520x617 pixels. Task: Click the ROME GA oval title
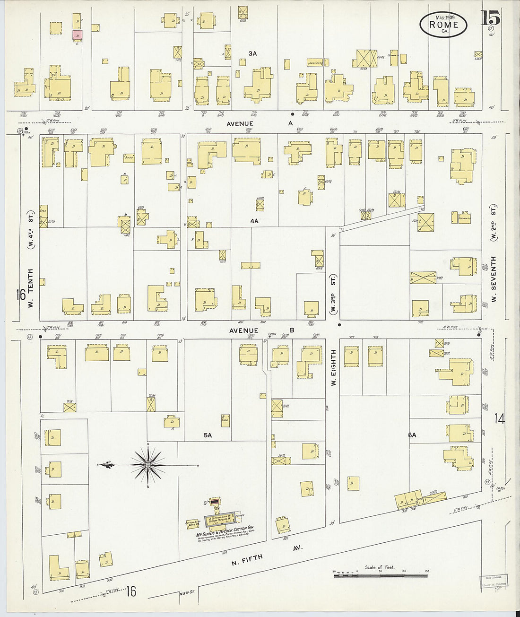click(443, 25)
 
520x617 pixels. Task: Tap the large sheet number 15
click(490, 18)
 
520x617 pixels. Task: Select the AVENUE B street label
click(261, 330)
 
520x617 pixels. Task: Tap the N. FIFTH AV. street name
click(266, 555)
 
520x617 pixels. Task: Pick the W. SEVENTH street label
click(494, 279)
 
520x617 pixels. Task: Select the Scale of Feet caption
click(379, 567)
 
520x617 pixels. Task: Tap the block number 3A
click(252, 54)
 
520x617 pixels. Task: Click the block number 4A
click(254, 221)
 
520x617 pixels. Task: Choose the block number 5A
click(208, 435)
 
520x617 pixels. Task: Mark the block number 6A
click(412, 435)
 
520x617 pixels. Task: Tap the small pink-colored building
click(77, 35)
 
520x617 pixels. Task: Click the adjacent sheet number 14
click(499, 418)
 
